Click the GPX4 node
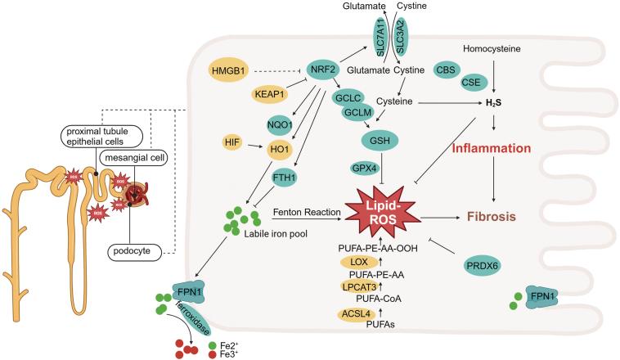(364, 168)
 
